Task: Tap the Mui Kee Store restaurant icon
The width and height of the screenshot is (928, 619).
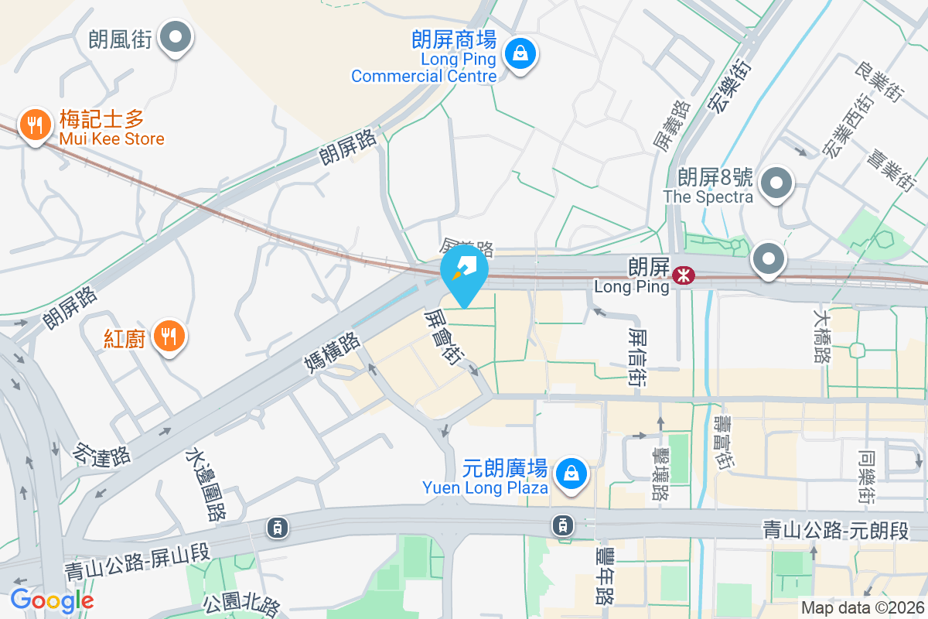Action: [x=34, y=124]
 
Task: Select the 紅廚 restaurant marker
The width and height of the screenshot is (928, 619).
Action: [x=169, y=336]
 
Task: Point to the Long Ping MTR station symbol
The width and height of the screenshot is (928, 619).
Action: [x=683, y=275]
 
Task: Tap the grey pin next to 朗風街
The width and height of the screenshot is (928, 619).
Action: [x=176, y=36]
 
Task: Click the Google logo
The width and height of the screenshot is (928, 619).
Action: [x=52, y=600]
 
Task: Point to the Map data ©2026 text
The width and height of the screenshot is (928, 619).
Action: [x=862, y=607]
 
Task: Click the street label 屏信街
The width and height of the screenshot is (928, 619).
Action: [x=638, y=357]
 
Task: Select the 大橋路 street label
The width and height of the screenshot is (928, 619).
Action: [x=822, y=336]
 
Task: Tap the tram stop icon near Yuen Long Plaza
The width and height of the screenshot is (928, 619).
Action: [x=563, y=525]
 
